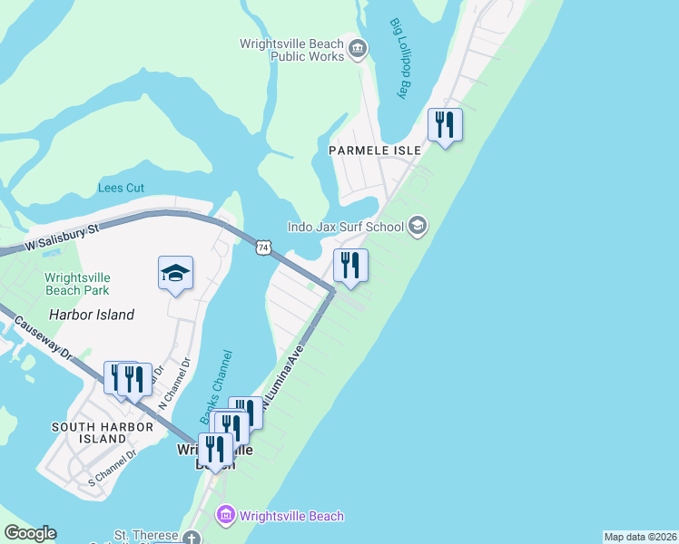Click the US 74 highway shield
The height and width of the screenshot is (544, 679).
(263, 247)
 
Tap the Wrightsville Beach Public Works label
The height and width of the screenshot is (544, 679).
(292, 50)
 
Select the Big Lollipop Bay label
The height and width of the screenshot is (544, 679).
(400, 58)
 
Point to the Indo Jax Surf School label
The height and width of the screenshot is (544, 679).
(345, 227)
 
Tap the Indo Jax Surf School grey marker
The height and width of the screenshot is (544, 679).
(418, 226)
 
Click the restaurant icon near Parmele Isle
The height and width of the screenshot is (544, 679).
(445, 124)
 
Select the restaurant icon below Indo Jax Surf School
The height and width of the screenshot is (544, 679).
(350, 265)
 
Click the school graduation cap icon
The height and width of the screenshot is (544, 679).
(176, 272)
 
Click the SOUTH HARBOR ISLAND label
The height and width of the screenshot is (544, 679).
(89, 432)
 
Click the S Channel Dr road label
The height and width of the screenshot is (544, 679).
(112, 468)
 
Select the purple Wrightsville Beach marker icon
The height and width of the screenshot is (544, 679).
(224, 517)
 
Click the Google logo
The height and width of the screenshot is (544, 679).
(30, 533)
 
